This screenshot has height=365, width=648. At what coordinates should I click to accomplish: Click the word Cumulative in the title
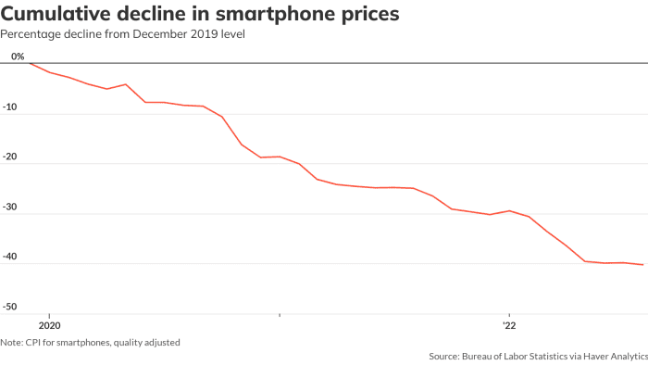click(x=57, y=14)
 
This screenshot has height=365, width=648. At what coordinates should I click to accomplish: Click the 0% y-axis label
click(x=18, y=57)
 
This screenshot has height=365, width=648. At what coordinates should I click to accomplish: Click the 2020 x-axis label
click(x=49, y=326)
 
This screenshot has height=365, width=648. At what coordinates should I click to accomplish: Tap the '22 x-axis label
click(x=509, y=326)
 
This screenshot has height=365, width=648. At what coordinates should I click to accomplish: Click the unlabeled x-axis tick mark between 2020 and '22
click(x=280, y=316)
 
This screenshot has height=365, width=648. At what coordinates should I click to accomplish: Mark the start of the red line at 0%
click(x=30, y=64)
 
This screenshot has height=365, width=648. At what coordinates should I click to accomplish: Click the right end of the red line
click(x=643, y=265)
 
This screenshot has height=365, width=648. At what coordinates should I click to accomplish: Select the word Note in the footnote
click(x=12, y=343)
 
